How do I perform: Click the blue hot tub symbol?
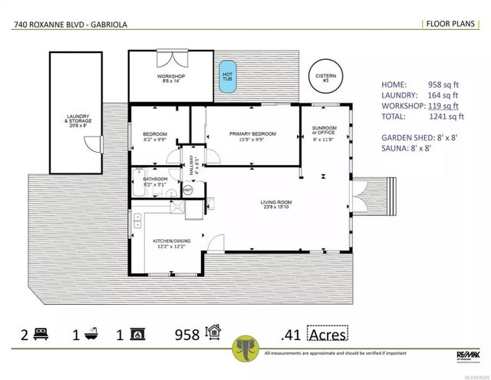227,77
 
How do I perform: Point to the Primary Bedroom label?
252,136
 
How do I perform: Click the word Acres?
327,334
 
